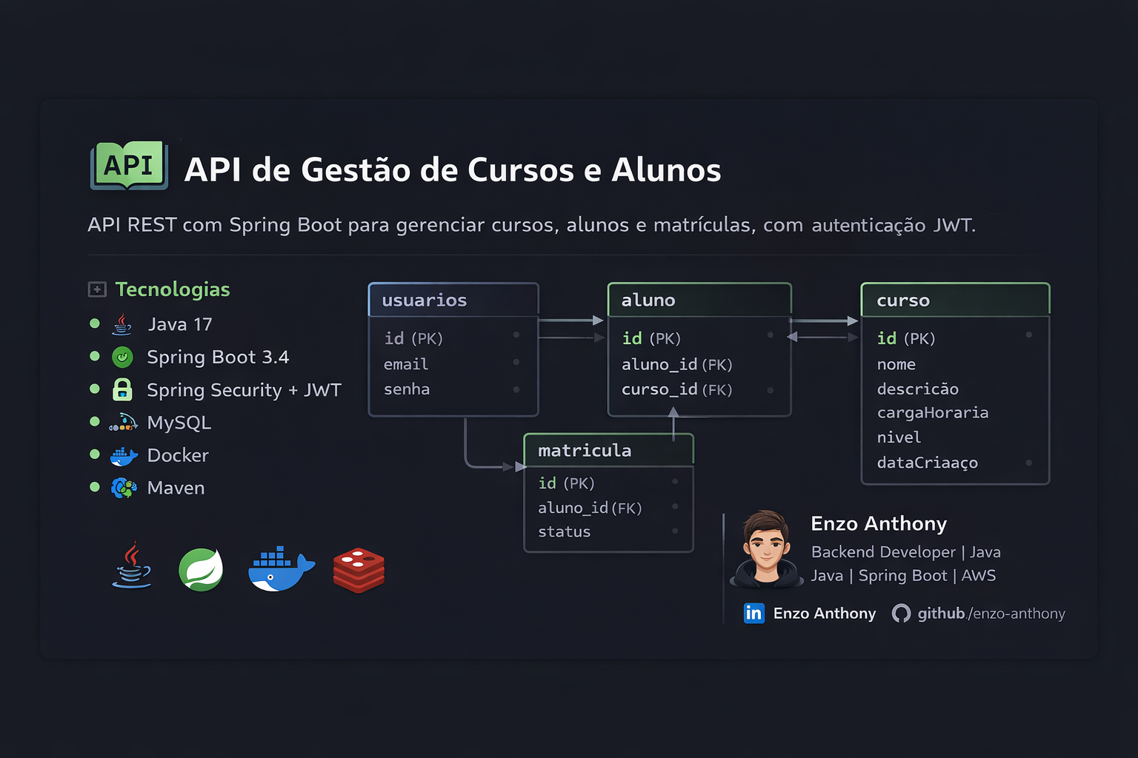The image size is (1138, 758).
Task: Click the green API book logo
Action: pyautogui.click(x=129, y=165)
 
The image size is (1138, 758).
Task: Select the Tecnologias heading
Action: pyautogui.click(x=173, y=289)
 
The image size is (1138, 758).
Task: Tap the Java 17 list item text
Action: pyautogui.click(x=180, y=324)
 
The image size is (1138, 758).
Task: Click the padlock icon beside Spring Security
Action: pyautogui.click(x=122, y=389)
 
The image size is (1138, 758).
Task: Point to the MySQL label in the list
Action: pyautogui.click(x=179, y=423)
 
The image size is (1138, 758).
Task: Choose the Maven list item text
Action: pyautogui.click(x=176, y=488)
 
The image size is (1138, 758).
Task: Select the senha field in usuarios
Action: pyautogui.click(x=407, y=389)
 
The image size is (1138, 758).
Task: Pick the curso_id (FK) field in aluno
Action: pyautogui.click(x=676, y=389)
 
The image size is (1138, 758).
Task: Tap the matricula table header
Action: pyautogui.click(x=585, y=450)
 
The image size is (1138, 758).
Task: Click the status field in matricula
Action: pyautogui.click(x=565, y=531)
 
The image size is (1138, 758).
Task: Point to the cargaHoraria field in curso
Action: pyautogui.click(x=933, y=413)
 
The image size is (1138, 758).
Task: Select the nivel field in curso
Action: pyautogui.click(x=899, y=437)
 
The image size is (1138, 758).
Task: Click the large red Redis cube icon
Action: pyautogui.click(x=359, y=570)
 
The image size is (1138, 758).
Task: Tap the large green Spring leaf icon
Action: pyautogui.click(x=201, y=569)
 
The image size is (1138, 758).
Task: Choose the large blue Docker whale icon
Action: pyautogui.click(x=280, y=570)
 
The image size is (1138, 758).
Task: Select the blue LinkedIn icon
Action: pyautogui.click(x=753, y=613)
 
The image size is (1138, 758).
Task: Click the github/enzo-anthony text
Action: pyautogui.click(x=991, y=614)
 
